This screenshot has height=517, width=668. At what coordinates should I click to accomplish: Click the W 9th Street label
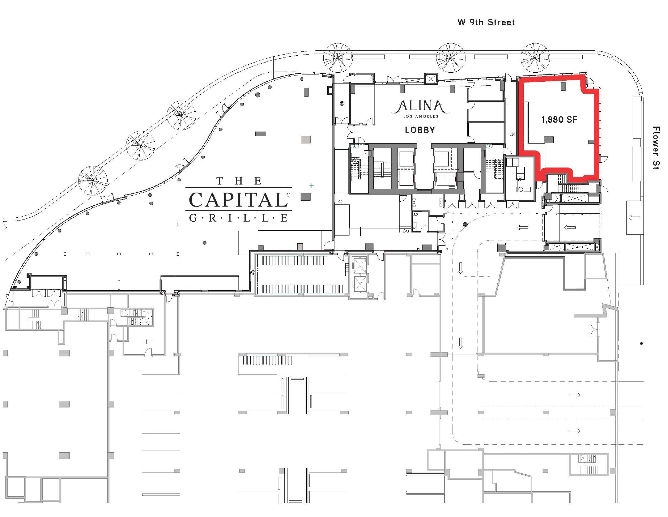coord(486,22)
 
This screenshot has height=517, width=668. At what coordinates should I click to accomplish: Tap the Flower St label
coord(656,148)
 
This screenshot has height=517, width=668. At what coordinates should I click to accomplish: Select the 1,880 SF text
coord(559,119)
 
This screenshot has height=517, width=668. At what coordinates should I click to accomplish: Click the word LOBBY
coord(420,130)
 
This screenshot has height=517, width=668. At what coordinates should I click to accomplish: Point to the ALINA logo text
coord(420,106)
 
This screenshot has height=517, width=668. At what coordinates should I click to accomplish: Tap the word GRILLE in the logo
coord(238,218)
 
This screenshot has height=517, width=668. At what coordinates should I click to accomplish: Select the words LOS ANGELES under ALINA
coord(420,116)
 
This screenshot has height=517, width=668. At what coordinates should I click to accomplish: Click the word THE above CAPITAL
coord(239,181)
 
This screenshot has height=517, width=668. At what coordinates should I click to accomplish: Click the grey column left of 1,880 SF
coord(549,140)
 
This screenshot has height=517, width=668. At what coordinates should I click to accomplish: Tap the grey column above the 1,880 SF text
coord(563,86)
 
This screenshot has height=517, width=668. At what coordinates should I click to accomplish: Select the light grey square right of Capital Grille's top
coord(306,139)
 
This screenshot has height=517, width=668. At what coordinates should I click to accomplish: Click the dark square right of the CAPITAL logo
coord(306,197)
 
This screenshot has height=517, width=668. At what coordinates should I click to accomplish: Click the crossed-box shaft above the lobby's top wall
coord(431,79)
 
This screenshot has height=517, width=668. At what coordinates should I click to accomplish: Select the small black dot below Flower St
coord(641,344)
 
